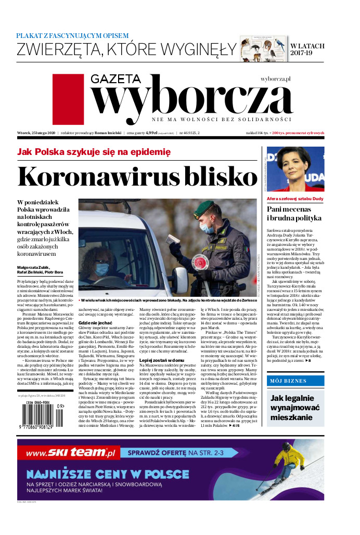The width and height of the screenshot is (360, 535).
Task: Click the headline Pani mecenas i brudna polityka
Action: pyautogui.click(x=294, y=213)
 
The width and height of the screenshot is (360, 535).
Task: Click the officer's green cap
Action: pyautogui.click(x=204, y=210)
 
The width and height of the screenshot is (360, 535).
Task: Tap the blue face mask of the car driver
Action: pyautogui.click(x=101, y=269)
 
